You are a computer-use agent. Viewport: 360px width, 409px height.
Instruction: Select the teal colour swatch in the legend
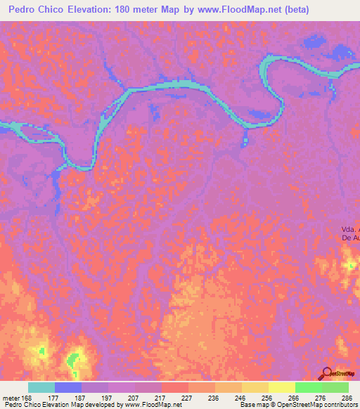coord(41,387)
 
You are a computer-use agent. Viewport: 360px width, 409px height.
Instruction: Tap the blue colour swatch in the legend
coord(68,387)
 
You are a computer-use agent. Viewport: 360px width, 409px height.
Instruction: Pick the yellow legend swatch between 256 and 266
coord(281,387)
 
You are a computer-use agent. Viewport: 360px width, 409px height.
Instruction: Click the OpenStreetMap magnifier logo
coord(326,374)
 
